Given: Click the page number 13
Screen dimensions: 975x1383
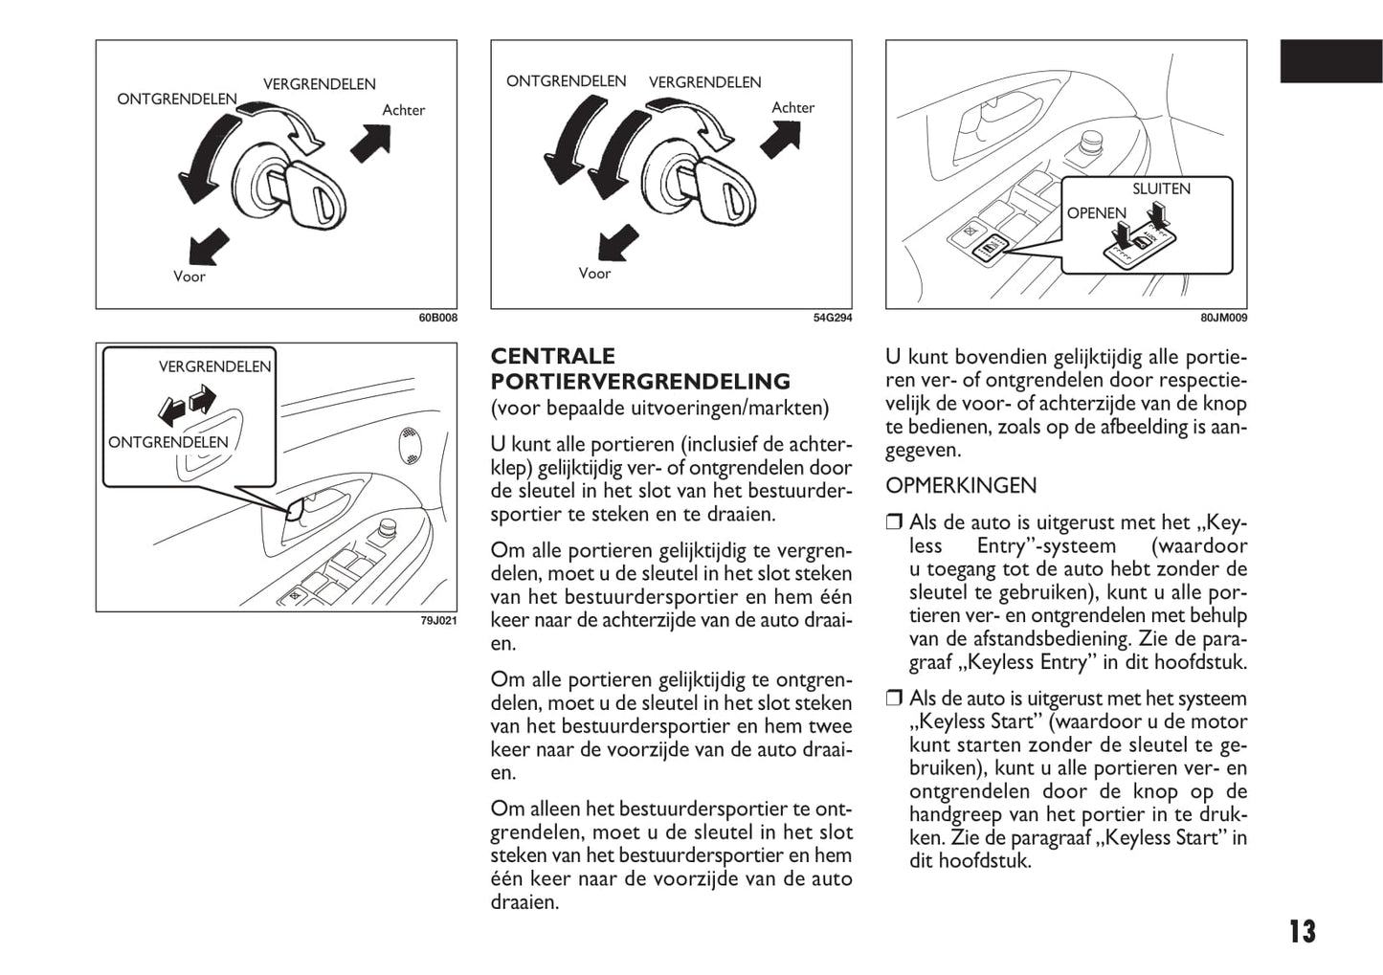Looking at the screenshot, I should coord(1302,931).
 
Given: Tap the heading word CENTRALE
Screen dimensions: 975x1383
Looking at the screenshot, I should coord(553,357).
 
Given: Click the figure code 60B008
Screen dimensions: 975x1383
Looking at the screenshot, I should coord(437,319).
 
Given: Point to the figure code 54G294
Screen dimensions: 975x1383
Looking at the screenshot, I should coord(832,319).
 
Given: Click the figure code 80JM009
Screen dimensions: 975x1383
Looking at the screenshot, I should coord(1224,319).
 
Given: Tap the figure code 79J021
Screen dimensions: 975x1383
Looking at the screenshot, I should coord(438,621).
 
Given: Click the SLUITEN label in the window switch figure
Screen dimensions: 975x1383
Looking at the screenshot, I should coord(1161,189).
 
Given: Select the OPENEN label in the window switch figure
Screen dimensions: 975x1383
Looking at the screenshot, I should coord(1097,213).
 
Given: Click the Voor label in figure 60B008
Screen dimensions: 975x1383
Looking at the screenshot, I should coord(190,277).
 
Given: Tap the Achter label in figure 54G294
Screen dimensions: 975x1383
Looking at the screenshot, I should coord(792,108).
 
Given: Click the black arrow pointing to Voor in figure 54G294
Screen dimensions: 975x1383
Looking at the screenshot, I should coord(617,245).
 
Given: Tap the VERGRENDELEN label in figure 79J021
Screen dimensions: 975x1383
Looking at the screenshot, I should coord(214,366).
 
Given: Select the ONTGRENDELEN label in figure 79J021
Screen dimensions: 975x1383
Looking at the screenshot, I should coord(168,442).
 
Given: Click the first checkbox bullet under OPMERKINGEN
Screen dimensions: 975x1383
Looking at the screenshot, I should coord(894,522).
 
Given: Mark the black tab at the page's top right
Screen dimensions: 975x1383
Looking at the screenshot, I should coord(1331,61).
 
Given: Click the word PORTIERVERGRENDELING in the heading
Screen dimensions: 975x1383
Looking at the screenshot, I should coord(640,382).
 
